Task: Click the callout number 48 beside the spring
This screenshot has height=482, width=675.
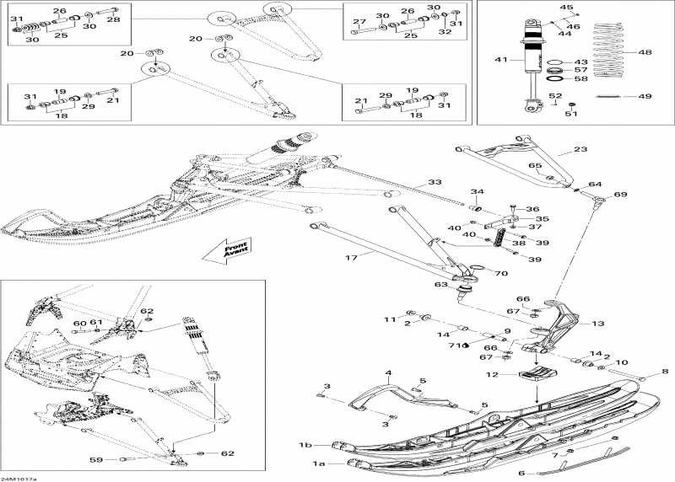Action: point(645,52)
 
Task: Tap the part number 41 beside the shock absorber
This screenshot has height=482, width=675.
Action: point(501,60)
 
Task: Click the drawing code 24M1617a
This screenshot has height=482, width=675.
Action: point(19,478)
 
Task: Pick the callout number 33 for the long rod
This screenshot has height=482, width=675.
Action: point(435,183)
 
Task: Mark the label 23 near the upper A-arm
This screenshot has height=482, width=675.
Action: point(580,150)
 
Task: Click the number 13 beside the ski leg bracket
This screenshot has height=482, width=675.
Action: point(597,324)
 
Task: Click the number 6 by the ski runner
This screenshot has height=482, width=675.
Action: point(521,473)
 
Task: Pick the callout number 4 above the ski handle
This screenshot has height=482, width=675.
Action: point(388,372)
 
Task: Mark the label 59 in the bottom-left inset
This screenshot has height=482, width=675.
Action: point(96,459)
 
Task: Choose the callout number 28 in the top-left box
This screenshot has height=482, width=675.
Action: point(113,19)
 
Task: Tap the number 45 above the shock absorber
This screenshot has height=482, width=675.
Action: point(566,8)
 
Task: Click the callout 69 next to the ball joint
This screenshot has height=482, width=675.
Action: point(621,195)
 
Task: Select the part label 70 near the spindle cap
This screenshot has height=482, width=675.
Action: point(500,273)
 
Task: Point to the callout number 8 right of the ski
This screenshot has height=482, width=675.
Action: point(664,371)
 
